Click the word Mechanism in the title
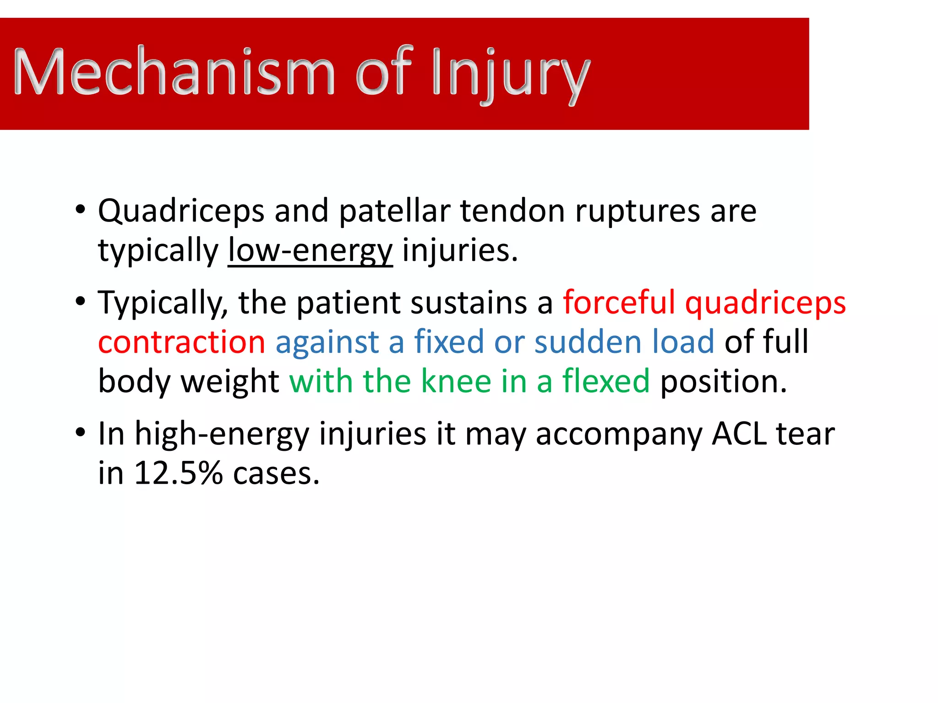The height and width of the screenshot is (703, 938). [174, 72]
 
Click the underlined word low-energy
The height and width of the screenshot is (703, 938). [310, 251]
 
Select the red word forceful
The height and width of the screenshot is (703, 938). [619, 303]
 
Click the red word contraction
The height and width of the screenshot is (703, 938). [182, 342]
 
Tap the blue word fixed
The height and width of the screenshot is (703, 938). [449, 342]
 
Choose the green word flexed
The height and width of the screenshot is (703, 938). [605, 381]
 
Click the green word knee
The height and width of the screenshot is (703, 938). [456, 381]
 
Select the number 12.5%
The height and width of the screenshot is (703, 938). [178, 473]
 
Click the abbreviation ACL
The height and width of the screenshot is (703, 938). [739, 433]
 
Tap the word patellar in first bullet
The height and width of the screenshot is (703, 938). [394, 211]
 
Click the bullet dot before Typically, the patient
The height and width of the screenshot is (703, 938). [81, 302]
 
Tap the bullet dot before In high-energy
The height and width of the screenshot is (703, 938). [81, 433]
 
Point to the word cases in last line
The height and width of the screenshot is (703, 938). [276, 474]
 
